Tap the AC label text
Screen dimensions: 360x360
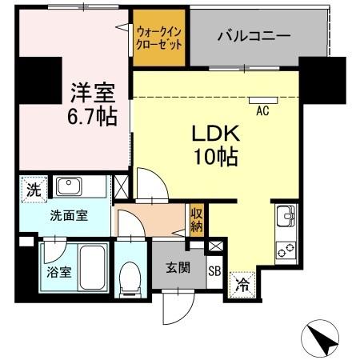click(262, 112)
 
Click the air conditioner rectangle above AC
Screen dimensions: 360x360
click(262, 101)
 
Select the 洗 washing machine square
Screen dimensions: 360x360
click(33, 190)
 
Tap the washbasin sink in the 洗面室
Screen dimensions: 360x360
click(67, 186)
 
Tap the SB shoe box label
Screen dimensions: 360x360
click(214, 271)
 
